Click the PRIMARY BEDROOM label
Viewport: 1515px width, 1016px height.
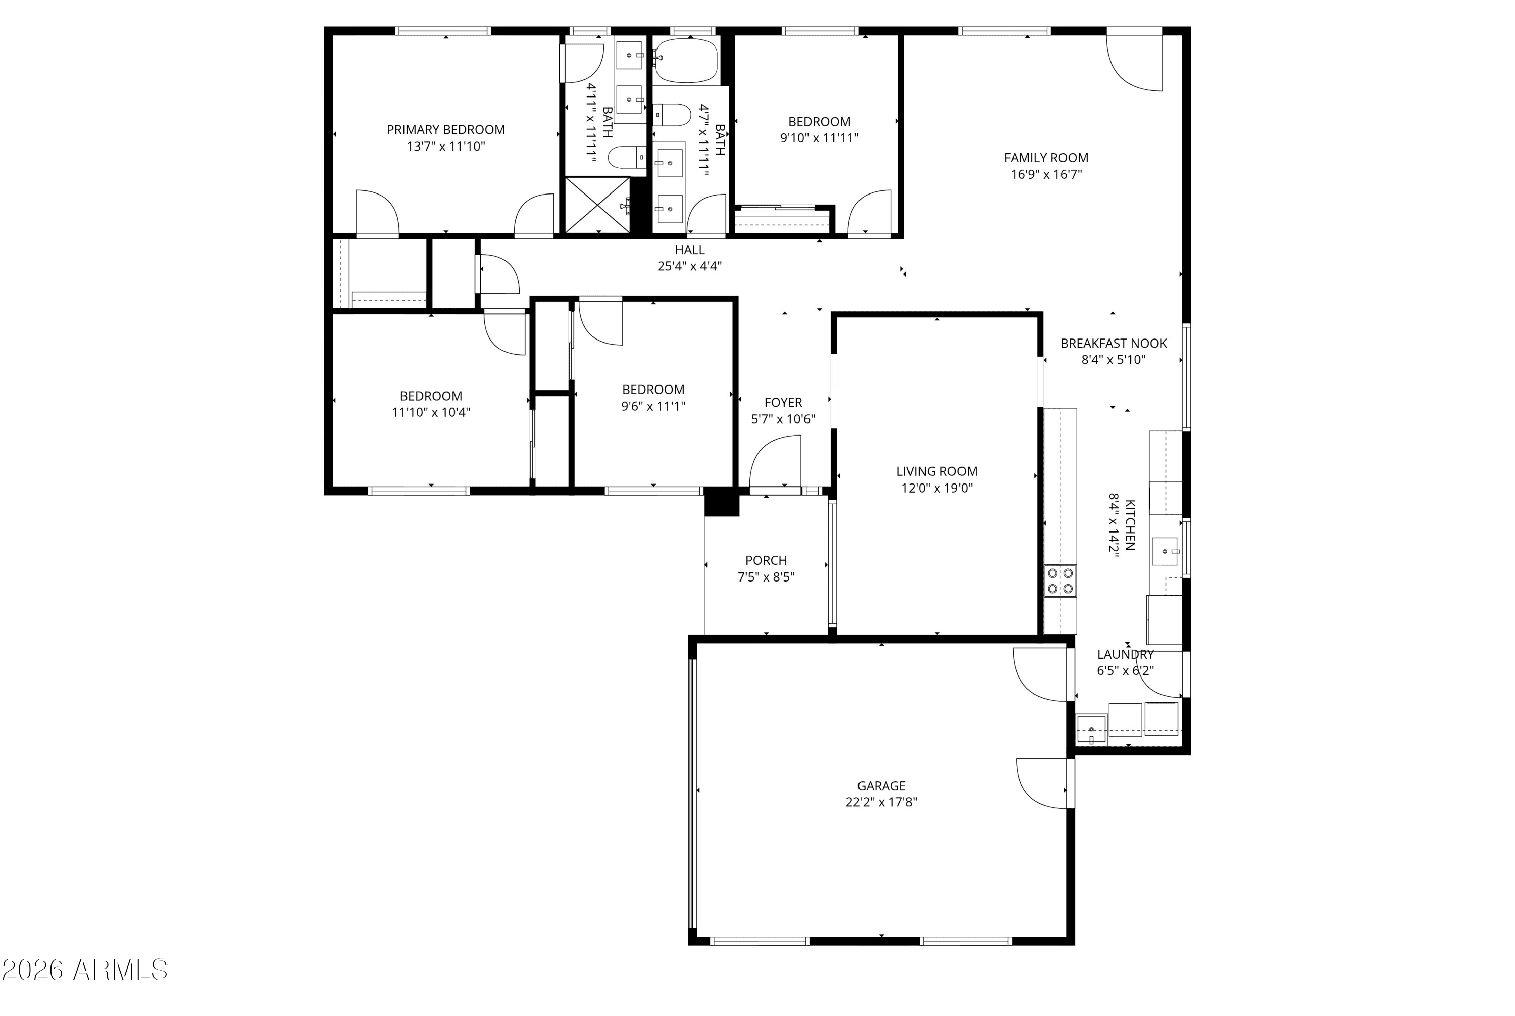coord(445,130)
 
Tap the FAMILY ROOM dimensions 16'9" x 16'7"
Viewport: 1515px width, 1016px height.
coord(1046,174)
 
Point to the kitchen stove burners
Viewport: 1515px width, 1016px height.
coord(1059,581)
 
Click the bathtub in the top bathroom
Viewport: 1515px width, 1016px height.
coord(685,60)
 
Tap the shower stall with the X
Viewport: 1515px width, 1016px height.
coord(597,205)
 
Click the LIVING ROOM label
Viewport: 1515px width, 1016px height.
coord(937,472)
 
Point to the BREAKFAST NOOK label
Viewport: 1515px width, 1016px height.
coord(1114,344)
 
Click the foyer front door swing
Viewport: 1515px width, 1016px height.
coord(775,461)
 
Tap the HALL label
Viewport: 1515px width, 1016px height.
coord(689,250)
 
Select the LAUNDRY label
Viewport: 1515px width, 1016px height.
coord(1125,654)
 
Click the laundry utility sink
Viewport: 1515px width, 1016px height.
coord(1091,730)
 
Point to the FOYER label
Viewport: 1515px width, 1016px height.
coord(783,402)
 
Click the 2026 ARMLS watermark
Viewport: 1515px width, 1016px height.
coord(85,970)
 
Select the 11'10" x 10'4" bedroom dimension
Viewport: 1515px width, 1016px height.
coord(431,412)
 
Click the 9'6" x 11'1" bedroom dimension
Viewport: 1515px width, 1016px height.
coord(653,406)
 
